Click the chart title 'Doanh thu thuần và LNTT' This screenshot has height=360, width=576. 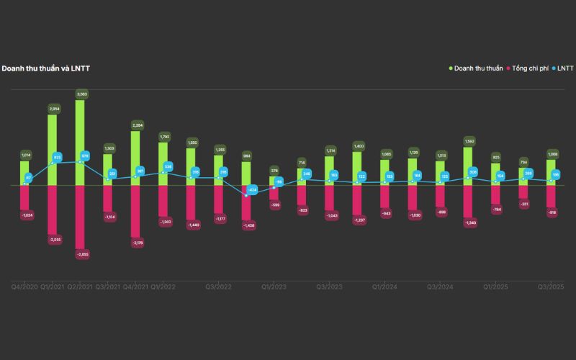coord(45,68)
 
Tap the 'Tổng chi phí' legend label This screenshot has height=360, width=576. coord(531,68)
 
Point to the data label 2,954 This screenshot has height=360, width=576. coord(53,109)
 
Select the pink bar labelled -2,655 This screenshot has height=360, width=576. coord(81,216)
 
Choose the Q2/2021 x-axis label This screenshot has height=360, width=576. coord(81,287)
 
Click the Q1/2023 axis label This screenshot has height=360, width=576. coord(274,287)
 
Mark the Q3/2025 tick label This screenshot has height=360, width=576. coord(551,287)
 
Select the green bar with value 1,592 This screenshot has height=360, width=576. coord(468,166)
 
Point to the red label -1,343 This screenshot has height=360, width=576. coord(468,222)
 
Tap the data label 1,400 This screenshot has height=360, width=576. coord(358,146)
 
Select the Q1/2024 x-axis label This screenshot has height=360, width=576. coord(385,287)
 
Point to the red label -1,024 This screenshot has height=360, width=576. coord(26,215)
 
